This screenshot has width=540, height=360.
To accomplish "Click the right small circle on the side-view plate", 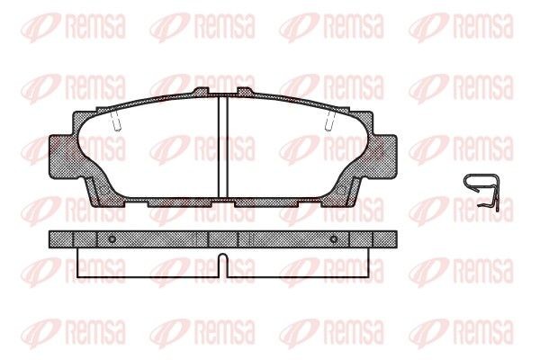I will [x=333, y=238].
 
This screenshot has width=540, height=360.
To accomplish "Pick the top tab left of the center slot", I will [x=202, y=92].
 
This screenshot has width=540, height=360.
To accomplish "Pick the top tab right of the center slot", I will [x=246, y=92].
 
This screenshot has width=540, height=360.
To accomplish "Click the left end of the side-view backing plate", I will [x=53, y=238].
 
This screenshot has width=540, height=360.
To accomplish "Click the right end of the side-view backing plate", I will [x=392, y=238].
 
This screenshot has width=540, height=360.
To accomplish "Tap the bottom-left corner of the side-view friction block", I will [x=79, y=276].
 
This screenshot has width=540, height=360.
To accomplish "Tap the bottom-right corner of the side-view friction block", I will [x=369, y=276].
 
